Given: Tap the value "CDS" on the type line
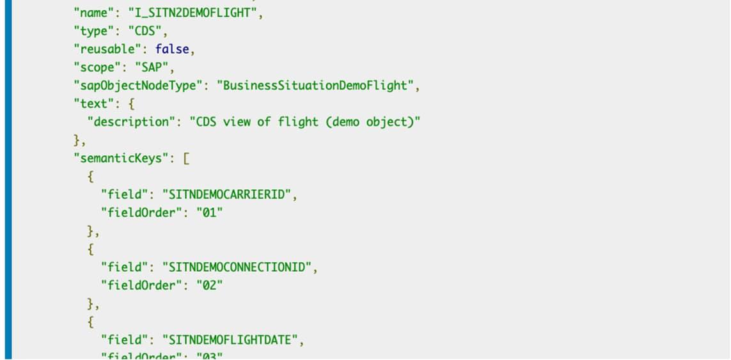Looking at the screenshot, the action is tap(146, 31).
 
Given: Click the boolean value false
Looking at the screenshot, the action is tap(172, 49).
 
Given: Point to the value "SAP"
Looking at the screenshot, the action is tap(154, 67).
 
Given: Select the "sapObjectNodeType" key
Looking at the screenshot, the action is tap(138, 86).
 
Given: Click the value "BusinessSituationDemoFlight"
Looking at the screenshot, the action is tap(318, 86).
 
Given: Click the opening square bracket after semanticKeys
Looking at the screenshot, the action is tap(186, 159).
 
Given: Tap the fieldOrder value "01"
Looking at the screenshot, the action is tap(208, 213).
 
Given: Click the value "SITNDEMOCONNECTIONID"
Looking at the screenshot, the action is tap(240, 267).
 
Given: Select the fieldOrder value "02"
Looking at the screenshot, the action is tap(208, 285).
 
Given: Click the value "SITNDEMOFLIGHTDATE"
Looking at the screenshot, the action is tap(233, 340).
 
